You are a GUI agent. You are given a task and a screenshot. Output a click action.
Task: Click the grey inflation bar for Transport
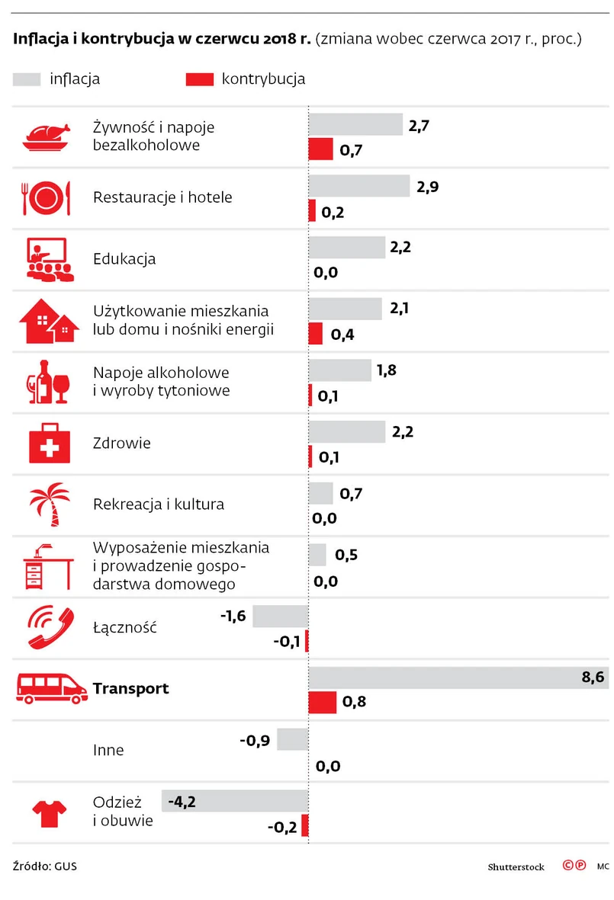coord(458,677)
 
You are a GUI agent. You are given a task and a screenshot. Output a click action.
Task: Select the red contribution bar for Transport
coord(322,702)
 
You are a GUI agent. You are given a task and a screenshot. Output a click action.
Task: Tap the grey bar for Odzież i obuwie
coord(235,801)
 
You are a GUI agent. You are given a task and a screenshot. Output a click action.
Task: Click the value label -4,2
coord(182,801)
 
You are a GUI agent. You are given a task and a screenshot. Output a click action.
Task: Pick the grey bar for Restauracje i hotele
coord(359,186)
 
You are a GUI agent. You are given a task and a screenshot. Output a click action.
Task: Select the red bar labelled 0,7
coord(321,149)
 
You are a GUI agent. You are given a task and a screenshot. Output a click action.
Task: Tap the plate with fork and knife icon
coord(47,198)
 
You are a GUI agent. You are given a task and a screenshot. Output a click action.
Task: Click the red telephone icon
coord(49,626)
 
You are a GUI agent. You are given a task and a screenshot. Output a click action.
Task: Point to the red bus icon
coord(52,688)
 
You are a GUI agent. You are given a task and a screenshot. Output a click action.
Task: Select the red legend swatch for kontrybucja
coord(200,79)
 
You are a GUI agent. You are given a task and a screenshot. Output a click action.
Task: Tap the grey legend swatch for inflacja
coord(27,79)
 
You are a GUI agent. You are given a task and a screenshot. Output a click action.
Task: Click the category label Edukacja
coord(124,259)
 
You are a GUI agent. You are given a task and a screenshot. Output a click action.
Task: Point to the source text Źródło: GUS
coord(45,866)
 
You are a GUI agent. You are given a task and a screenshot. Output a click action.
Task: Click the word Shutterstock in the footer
coord(516,867)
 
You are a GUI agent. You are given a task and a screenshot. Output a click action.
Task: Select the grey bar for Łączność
coord(280,616)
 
